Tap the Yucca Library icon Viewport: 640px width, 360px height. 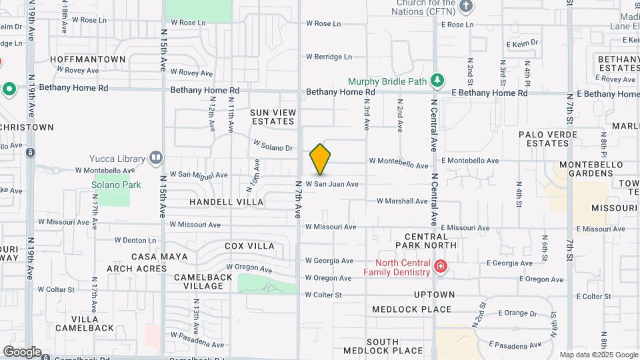pyautogui.click(x=156, y=158)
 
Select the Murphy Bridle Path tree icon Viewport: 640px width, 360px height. pyautogui.click(x=437, y=81)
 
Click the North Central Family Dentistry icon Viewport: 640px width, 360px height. pyautogui.click(x=440, y=267)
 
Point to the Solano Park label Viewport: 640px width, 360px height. pyautogui.click(x=116, y=185)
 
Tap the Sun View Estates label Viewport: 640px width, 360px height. pyautogui.click(x=272, y=117)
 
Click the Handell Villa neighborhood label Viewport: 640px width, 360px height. pyautogui.click(x=226, y=201)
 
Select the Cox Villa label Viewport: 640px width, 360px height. pyautogui.click(x=249, y=246)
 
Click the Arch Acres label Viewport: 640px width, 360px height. pyautogui.click(x=137, y=269)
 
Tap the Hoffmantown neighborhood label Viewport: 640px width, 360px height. pyautogui.click(x=87, y=59)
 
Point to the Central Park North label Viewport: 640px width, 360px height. pyautogui.click(x=431, y=241)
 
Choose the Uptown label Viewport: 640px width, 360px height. pyautogui.click(x=433, y=294)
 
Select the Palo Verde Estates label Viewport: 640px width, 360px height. pyautogui.click(x=543, y=139)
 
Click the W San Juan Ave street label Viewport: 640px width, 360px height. pyautogui.click(x=332, y=184)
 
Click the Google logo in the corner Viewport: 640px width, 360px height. pyautogui.click(x=22, y=352)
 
